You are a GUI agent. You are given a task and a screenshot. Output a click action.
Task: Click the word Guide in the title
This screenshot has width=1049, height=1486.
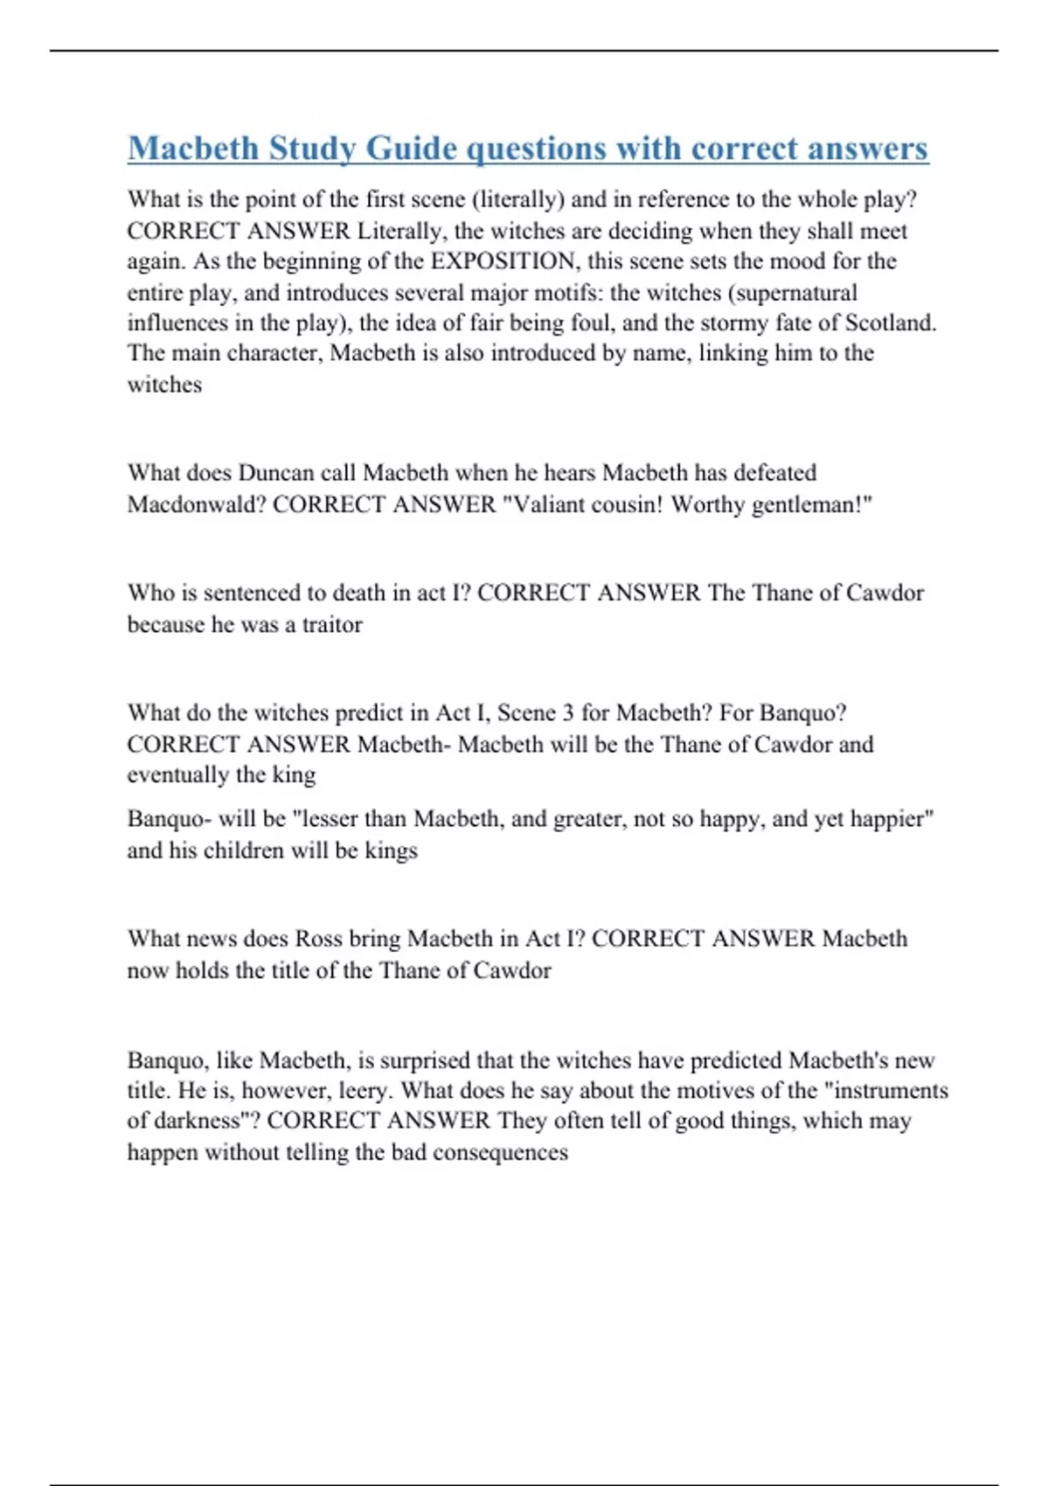(409, 149)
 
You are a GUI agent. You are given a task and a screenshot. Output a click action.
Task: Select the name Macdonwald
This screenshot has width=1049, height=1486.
(196, 504)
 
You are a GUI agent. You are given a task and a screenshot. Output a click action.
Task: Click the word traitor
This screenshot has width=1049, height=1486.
(331, 624)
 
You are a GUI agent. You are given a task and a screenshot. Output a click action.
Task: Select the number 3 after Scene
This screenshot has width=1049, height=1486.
(567, 712)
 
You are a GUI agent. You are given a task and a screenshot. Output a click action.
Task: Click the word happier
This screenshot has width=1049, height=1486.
(890, 819)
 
